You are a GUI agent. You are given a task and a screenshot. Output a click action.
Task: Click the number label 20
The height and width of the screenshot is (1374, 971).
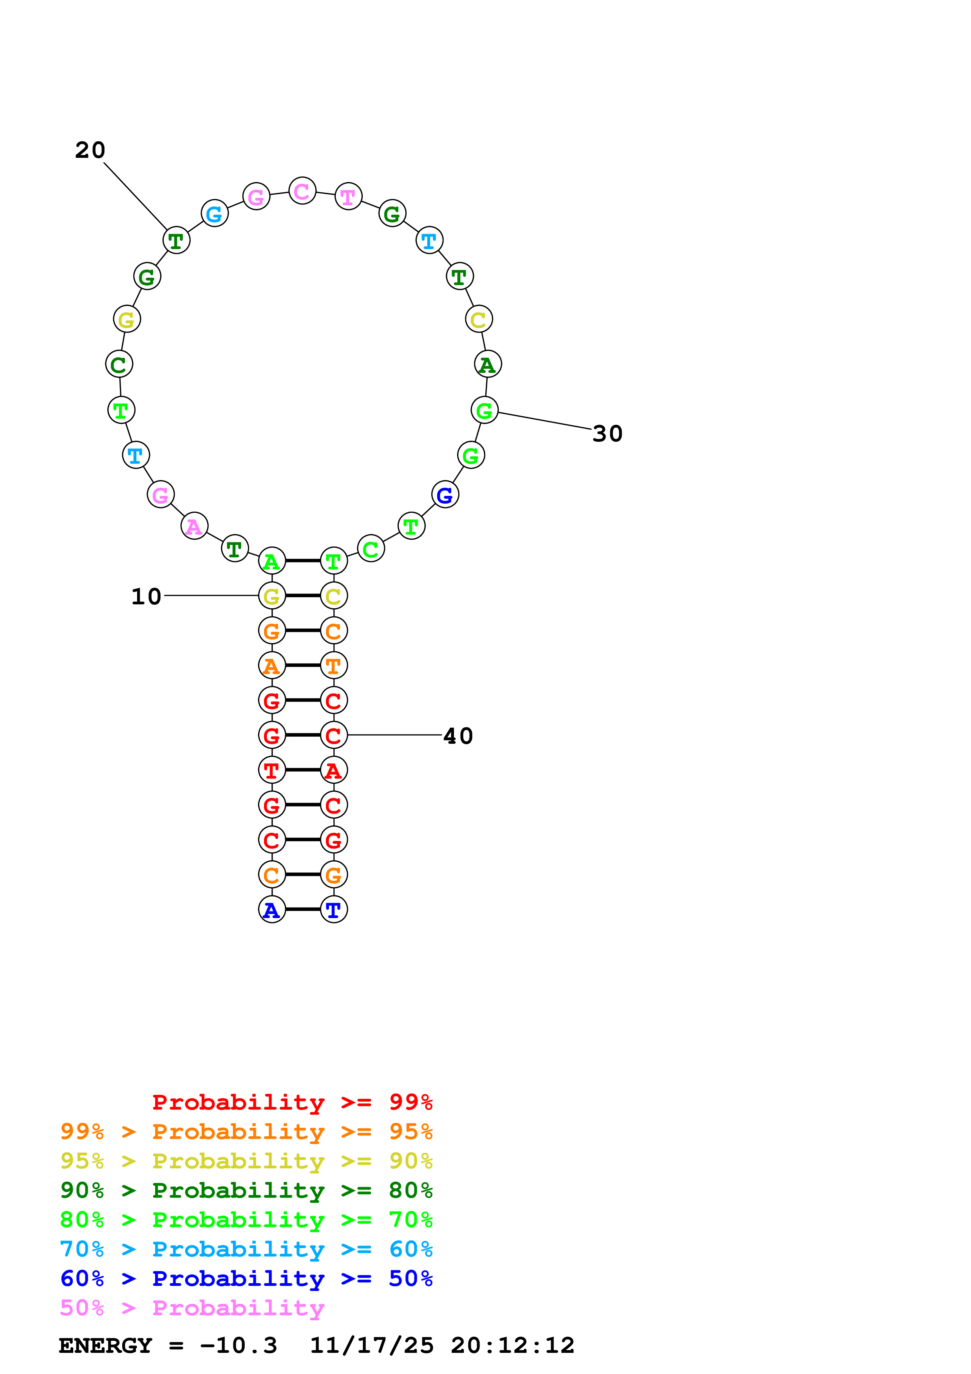point(90,150)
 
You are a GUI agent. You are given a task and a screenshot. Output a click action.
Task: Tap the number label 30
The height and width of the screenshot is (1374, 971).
point(608,434)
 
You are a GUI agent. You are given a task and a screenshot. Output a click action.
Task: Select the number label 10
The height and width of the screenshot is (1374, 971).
point(146,597)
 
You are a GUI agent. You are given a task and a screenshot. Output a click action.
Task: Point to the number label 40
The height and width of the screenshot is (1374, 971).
point(458,736)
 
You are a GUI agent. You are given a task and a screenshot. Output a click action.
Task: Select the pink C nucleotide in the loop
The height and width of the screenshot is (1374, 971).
point(302,191)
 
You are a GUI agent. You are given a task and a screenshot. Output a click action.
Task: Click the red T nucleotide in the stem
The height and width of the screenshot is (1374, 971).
point(271,770)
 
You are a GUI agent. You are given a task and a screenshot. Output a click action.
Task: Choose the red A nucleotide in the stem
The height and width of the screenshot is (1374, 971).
point(334,770)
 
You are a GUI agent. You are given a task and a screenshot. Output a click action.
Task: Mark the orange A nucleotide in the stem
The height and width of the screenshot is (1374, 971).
point(271,665)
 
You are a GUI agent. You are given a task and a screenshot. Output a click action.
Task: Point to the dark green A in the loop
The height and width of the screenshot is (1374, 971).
point(488,364)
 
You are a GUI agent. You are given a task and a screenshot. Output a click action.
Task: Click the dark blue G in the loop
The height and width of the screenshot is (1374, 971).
point(445,495)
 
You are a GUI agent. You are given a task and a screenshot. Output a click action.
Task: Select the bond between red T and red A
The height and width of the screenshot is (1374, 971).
point(303,770)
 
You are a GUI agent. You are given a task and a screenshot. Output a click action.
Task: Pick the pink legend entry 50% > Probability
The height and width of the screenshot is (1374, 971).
point(192,1308)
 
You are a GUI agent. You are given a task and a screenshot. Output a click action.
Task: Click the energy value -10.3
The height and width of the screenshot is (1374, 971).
point(239,1346)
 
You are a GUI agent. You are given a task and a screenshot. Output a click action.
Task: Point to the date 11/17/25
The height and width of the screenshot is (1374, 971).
point(372,1346)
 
